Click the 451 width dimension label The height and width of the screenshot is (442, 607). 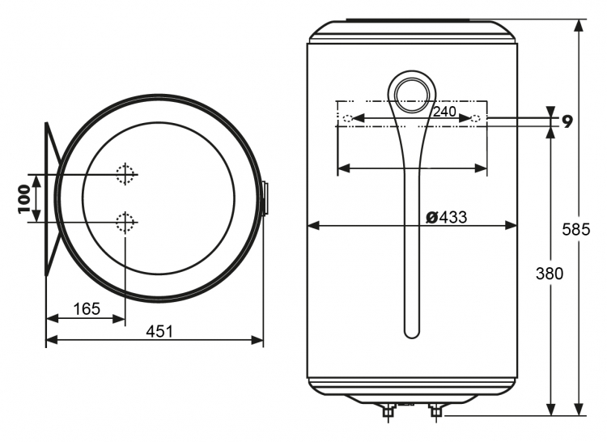point(159,332)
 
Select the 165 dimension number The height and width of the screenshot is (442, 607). point(87,309)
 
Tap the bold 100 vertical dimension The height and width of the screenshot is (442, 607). point(24,198)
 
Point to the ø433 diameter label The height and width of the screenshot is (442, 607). point(446,218)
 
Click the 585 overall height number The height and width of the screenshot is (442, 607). point(576,230)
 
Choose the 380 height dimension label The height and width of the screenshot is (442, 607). point(550,274)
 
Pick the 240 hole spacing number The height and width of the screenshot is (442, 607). point(444,112)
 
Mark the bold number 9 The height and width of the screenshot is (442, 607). point(567,122)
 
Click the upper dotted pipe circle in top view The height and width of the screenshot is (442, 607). point(125,174)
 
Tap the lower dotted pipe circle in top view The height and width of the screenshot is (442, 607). point(125,223)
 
